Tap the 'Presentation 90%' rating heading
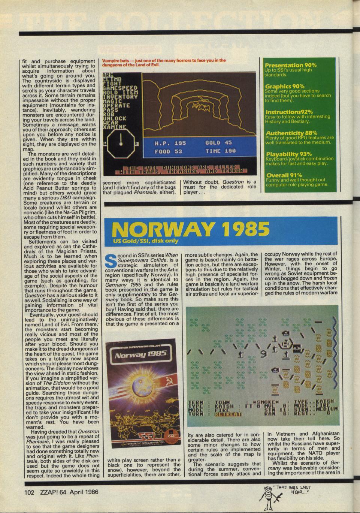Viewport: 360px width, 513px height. point(290,65)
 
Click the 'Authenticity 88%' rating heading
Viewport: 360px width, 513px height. point(291,133)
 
